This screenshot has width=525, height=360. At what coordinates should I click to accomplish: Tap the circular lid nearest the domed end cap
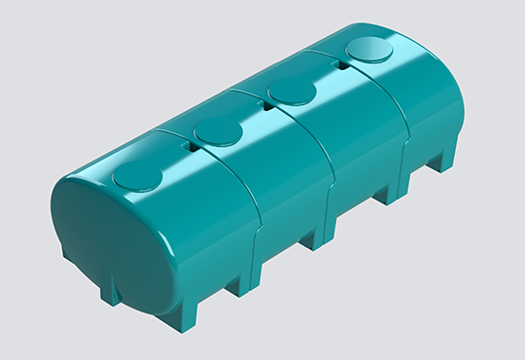[x=139, y=176]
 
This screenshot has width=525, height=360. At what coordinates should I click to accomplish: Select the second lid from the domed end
[x=218, y=131]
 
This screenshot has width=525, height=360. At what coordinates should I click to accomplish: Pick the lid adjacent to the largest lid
[x=294, y=91]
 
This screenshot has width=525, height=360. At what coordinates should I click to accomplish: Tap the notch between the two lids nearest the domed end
[x=190, y=149]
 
